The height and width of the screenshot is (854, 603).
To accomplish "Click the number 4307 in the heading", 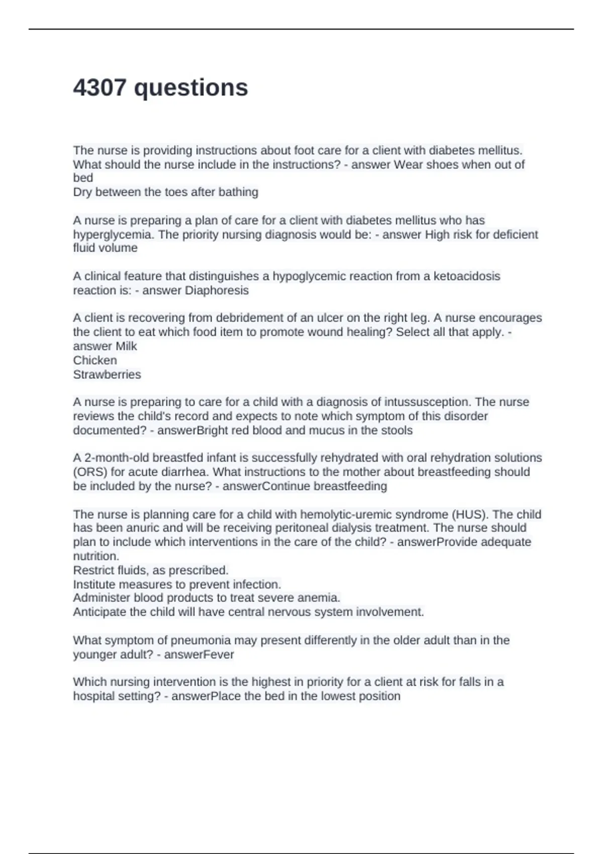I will tap(99, 87).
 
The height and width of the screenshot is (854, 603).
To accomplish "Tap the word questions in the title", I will tap(191, 88).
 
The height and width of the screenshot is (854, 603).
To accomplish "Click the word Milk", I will tap(127, 346).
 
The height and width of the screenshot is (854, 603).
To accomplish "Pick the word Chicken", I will tap(95, 360).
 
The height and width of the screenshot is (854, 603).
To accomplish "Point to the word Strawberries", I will tap(107, 374).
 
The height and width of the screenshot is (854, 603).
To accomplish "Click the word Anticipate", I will tap(99, 612).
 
